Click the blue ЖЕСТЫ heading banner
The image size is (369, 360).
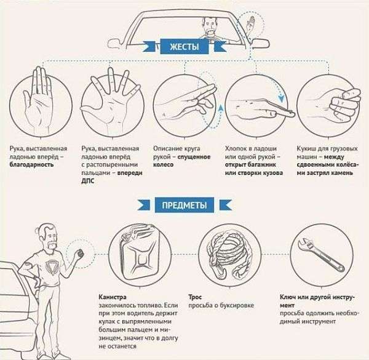point(184,47)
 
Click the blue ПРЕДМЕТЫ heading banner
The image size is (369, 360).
point(184,205)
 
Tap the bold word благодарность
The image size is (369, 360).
point(31,165)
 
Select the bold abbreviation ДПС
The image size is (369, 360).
point(88,181)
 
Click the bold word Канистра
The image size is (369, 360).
point(113,297)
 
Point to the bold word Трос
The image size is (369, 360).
point(195,297)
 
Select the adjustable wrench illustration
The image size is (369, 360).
point(321,255)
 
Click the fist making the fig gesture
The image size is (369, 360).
point(342,103)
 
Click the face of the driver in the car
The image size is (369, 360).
point(210,25)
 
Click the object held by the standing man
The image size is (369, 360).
point(81,254)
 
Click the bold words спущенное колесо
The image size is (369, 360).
point(181,161)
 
